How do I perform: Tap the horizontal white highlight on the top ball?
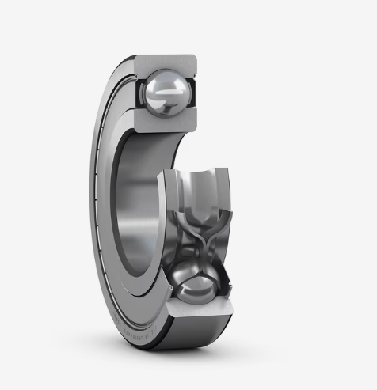point(167,93)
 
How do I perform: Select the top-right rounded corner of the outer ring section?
point(192,59)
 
